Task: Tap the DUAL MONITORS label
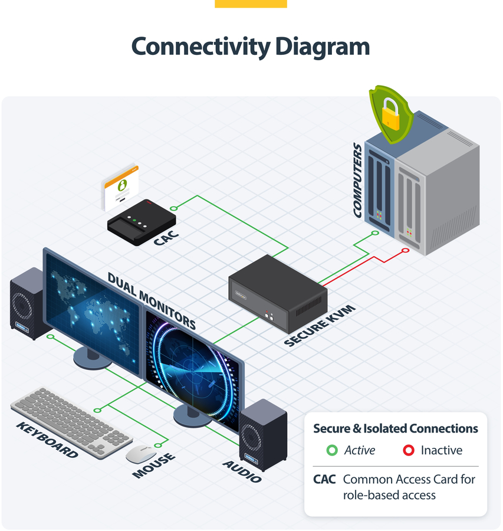(152, 300)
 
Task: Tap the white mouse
(140, 453)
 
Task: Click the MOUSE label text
(154, 466)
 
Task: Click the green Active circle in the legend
(332, 450)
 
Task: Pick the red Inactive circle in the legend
(408, 450)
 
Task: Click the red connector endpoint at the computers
(405, 251)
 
